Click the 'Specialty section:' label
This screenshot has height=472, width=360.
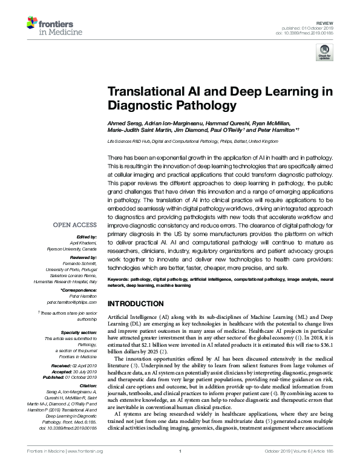click(79, 333)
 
